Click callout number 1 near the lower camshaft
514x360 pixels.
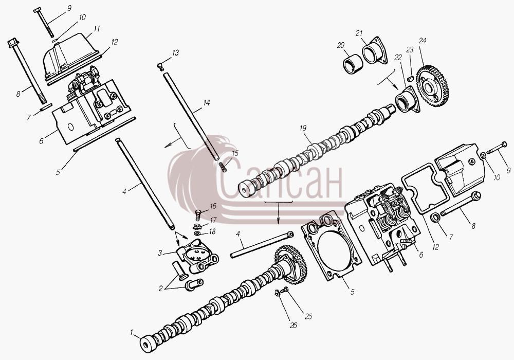click(132, 332)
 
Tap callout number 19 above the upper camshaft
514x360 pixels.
click(303, 128)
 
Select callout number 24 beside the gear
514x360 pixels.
click(422, 41)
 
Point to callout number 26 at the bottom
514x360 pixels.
click(293, 325)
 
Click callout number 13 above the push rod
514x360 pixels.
click(176, 53)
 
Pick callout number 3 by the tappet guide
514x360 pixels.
click(160, 253)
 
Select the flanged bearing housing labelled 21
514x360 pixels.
click(374, 51)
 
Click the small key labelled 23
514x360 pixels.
click(409, 78)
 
